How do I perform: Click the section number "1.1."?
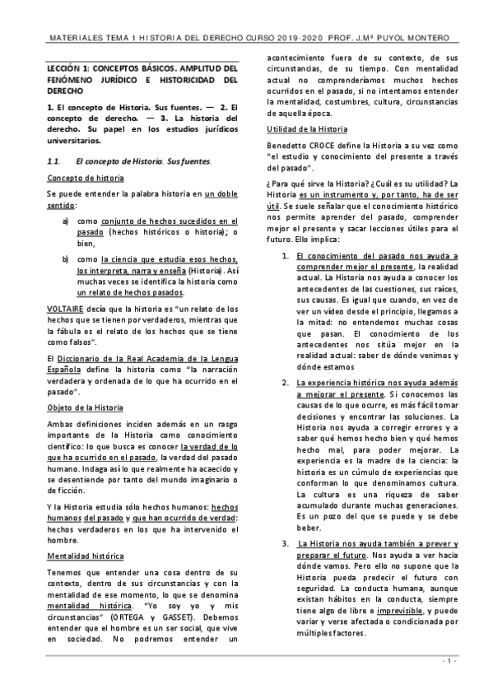pyautogui.click(x=53, y=161)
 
